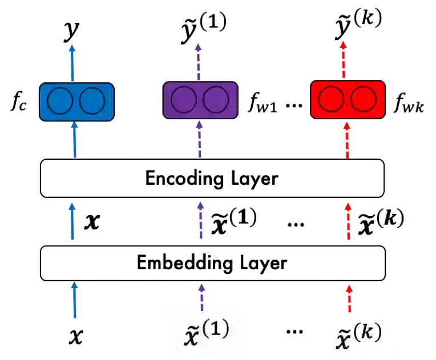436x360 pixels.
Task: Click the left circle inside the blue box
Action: (x=60, y=102)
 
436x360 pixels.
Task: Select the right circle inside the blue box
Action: (x=92, y=102)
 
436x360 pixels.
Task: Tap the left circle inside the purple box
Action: (x=184, y=100)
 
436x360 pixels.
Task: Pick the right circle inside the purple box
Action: (x=216, y=100)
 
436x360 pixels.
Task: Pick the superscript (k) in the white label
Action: (x=368, y=331)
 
